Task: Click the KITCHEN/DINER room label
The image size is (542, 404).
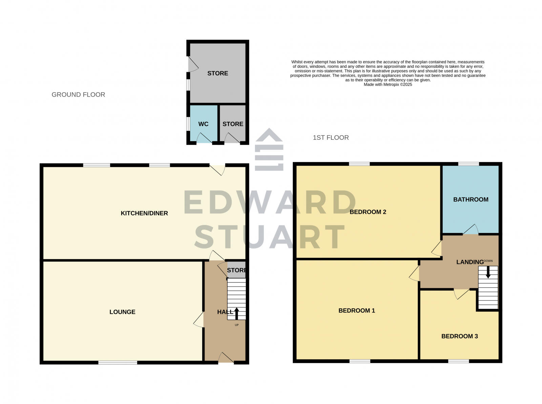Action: (144, 213)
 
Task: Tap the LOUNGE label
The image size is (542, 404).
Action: (122, 312)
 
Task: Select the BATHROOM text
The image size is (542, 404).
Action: (471, 199)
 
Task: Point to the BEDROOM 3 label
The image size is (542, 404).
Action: (459, 336)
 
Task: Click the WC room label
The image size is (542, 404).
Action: (203, 124)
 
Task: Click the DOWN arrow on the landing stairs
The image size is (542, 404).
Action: (488, 272)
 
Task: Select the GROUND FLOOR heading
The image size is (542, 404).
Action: (78, 95)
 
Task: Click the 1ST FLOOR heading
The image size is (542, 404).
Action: (331, 137)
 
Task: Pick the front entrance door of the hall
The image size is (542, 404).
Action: (226, 359)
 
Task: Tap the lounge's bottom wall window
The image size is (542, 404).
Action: (118, 363)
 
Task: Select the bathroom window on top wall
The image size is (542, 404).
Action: (468, 164)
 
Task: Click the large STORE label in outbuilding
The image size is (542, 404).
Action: (217, 73)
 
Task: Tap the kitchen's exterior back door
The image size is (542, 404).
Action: (217, 169)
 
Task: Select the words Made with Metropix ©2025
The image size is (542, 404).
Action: (388, 84)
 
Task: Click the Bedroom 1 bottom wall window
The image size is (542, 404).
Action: (360, 361)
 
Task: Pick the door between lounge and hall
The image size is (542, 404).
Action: (200, 320)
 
